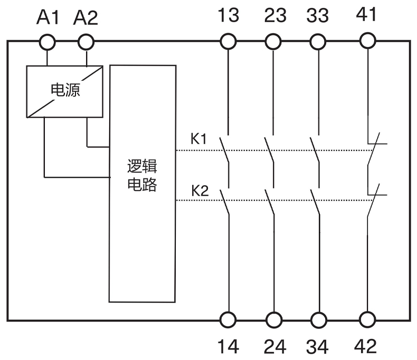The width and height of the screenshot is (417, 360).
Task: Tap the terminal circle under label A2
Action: tap(86, 41)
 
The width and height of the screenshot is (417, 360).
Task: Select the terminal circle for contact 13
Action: tap(228, 41)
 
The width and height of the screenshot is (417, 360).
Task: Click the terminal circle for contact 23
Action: tap(273, 41)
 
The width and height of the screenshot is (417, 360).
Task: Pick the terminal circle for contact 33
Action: tap(318, 41)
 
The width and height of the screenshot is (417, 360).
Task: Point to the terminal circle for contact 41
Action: tap(367, 41)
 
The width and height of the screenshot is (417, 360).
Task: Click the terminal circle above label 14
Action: tap(228, 320)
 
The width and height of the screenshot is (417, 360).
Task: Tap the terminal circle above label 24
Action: tap(273, 320)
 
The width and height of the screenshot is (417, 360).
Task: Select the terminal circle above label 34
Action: tap(318, 320)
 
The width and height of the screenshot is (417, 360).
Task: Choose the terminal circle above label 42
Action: tap(367, 320)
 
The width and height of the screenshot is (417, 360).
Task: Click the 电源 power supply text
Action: tap(65, 90)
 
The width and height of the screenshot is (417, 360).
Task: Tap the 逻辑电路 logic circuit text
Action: tap(142, 176)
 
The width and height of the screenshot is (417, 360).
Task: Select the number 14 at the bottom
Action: tap(228, 346)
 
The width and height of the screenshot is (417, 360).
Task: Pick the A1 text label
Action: tap(49, 18)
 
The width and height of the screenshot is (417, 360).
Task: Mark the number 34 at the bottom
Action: tap(318, 346)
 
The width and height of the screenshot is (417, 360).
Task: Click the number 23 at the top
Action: tap(273, 15)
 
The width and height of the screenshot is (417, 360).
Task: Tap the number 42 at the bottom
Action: tap(365, 346)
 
